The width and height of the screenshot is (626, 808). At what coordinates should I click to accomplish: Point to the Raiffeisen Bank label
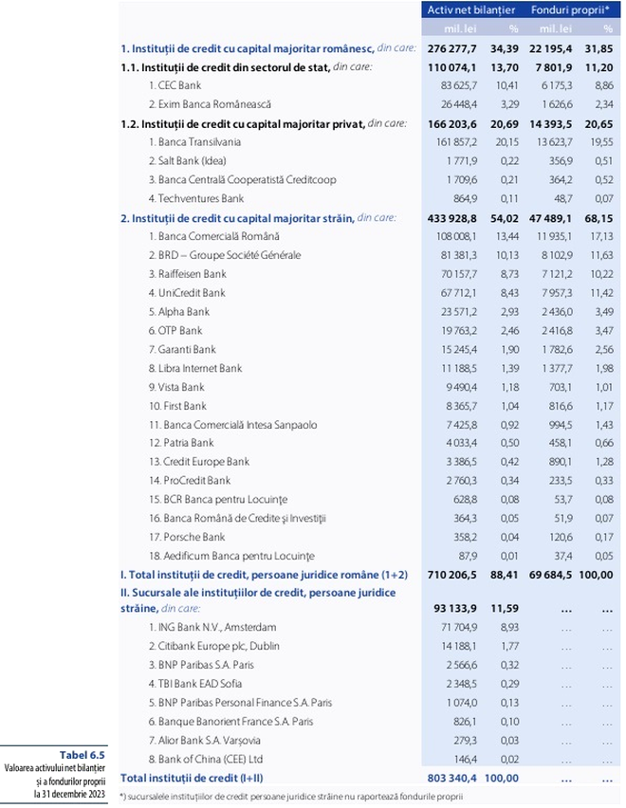(x=188, y=273)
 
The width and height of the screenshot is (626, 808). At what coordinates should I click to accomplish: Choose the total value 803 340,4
(x=451, y=778)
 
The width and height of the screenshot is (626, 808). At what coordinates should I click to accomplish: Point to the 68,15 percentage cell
(x=602, y=217)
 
